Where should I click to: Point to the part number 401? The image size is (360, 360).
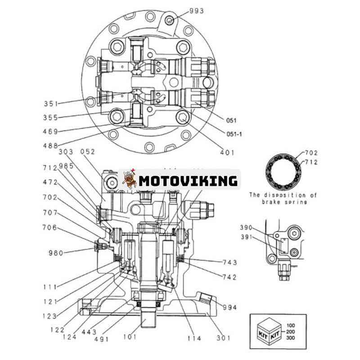click(x=228, y=153)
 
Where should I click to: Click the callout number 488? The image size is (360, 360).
click(x=51, y=145)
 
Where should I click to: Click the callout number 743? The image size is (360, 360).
click(x=229, y=262)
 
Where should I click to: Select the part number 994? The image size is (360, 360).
click(x=229, y=307)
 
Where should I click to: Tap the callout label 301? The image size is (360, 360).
click(x=223, y=337)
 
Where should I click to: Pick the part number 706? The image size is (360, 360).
click(x=49, y=227)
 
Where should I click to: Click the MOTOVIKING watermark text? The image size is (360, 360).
click(x=188, y=181)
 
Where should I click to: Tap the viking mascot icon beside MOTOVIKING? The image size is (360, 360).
click(x=130, y=180)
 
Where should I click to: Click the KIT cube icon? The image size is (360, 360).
click(x=268, y=331)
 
